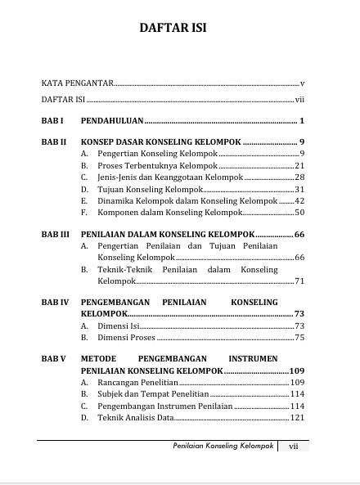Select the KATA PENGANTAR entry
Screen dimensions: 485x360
(78, 83)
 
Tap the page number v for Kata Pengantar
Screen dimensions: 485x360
(302, 83)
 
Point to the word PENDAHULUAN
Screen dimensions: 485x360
(112, 120)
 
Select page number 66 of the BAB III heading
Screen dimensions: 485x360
(299, 235)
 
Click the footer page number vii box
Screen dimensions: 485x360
(293, 447)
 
